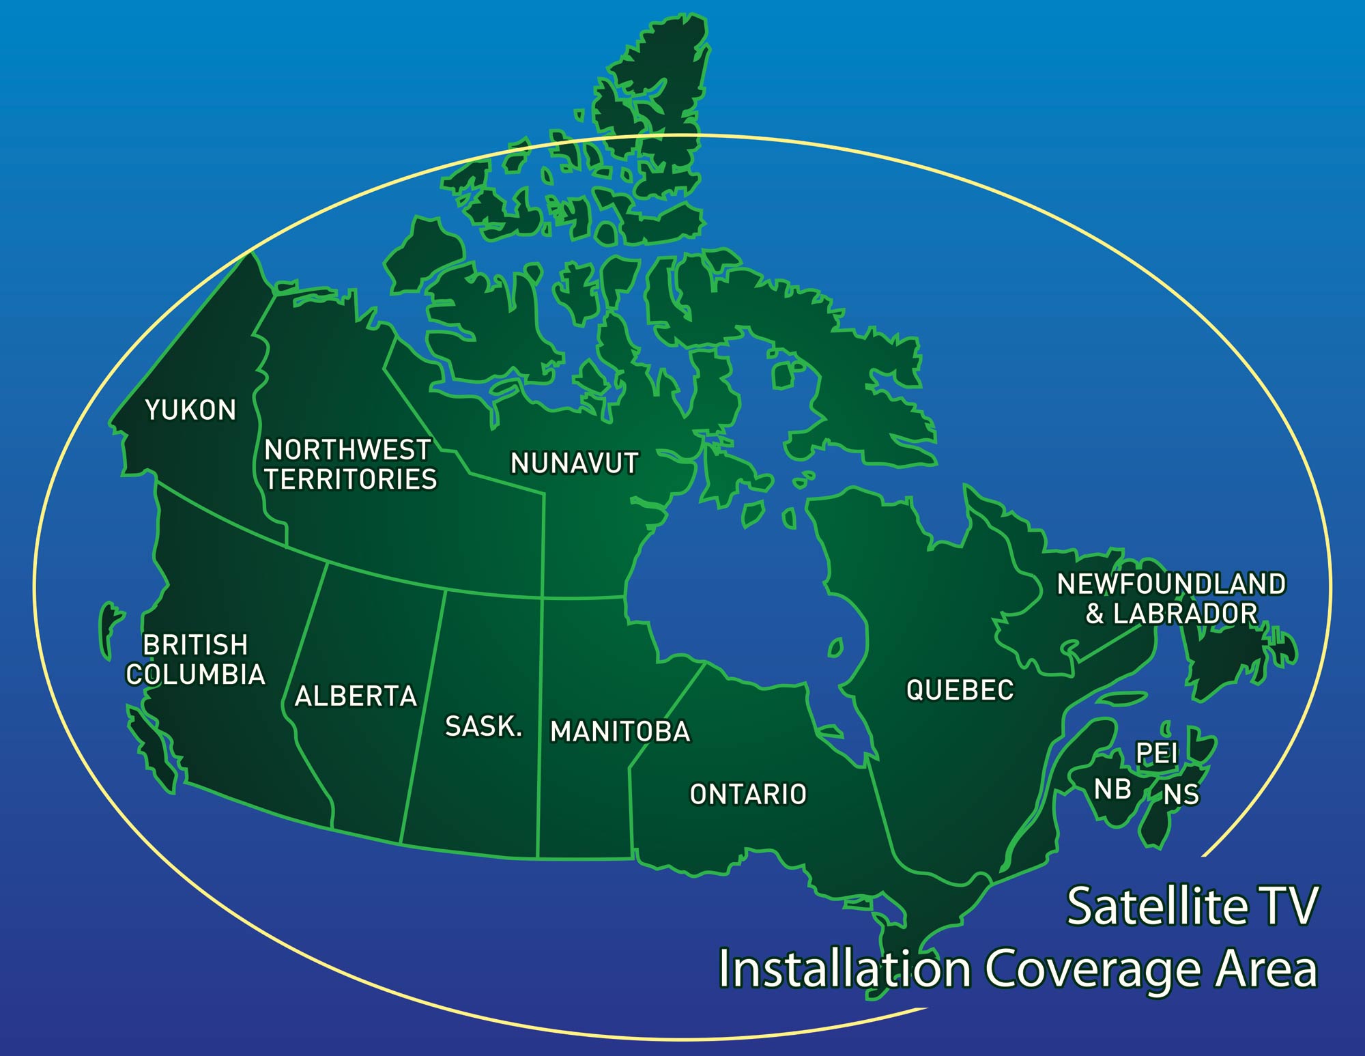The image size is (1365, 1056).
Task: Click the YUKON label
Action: pos(190,410)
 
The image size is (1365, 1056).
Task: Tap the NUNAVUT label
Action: pos(574,463)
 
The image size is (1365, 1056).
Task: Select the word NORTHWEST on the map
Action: pos(347,450)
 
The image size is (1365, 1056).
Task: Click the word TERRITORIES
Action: pos(351,479)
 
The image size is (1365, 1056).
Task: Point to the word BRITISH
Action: pos(195,645)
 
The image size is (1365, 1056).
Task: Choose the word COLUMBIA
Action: pos(196,674)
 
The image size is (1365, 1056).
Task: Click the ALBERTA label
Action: pos(356,696)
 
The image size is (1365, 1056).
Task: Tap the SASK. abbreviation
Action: pos(483,726)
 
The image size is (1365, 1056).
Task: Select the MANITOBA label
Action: pos(620,732)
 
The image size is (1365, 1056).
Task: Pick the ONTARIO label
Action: pos(748,795)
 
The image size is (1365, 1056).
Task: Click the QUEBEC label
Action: pos(960,690)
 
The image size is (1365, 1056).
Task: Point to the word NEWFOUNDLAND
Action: pos(1171,584)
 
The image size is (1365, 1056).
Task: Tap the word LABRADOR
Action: pos(1186,613)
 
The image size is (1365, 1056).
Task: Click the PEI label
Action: pos(1156,754)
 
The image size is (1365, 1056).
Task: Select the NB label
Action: pos(1112,790)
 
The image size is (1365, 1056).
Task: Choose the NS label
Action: pos(1181,795)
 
